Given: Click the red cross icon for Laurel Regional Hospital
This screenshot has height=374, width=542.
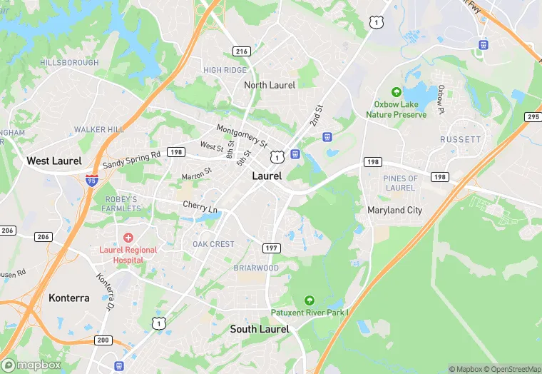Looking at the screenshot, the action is coord(128,237).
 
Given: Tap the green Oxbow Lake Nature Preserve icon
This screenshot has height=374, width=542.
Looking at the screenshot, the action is coord(396,92).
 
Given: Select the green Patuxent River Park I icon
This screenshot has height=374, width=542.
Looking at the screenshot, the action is coord(309,300).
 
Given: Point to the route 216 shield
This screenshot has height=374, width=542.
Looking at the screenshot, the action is coord(242,51).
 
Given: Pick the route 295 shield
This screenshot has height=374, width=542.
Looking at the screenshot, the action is coord(533,116).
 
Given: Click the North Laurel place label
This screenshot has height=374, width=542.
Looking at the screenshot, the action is coord(270,85).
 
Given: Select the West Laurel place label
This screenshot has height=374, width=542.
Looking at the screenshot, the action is coord(54,161).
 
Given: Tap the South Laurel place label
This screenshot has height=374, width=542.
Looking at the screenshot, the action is coord(260,329).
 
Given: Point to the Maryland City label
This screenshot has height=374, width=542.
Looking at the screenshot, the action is coord(394,211).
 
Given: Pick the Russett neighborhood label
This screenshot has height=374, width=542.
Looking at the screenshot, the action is coord(460,139).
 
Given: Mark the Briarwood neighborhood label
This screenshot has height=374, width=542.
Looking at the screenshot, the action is coord(256,268).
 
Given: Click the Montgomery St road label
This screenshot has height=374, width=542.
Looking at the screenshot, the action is coord(241,133).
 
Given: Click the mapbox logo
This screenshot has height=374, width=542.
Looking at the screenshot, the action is coord(32,365).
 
